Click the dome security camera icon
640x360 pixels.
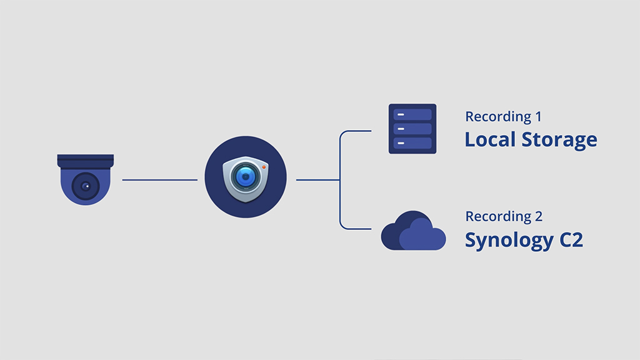pyautogui.click(x=86, y=179)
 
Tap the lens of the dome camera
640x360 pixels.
pyautogui.click(x=86, y=186)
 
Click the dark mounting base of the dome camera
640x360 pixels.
pyautogui.click(x=86, y=161)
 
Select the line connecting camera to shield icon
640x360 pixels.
pyautogui.click(x=159, y=180)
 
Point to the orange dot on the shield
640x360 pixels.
pyautogui.click(x=264, y=167)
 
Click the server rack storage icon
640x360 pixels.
pyautogui.click(x=412, y=129)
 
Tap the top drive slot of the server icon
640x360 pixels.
pyautogui.click(x=412, y=114)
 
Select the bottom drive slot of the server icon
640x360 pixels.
pyautogui.click(x=412, y=143)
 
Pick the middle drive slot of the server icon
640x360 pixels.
pyautogui.click(x=412, y=129)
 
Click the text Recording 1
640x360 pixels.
pyautogui.click(x=503, y=117)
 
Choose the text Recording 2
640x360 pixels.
pyautogui.click(x=504, y=217)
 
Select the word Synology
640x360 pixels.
pyautogui.click(x=507, y=241)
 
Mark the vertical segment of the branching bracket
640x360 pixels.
pyautogui.click(x=339, y=180)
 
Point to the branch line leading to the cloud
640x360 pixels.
pyautogui.click(x=356, y=227)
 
